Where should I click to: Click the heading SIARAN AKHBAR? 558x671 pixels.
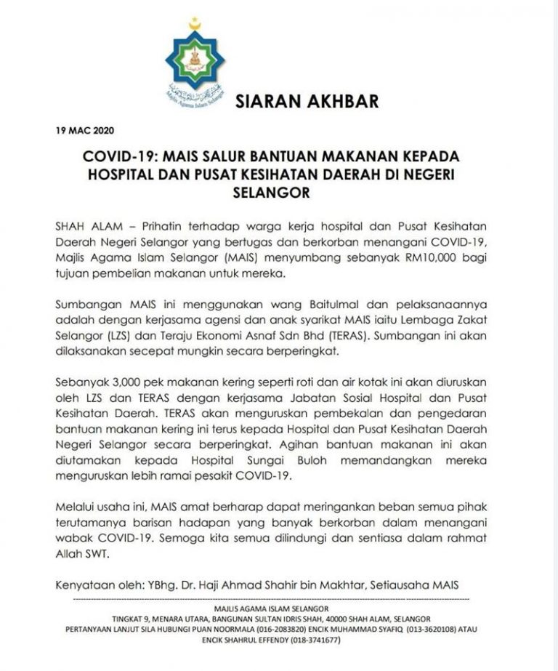tap(307, 101)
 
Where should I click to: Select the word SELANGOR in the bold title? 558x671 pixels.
tap(279, 193)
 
